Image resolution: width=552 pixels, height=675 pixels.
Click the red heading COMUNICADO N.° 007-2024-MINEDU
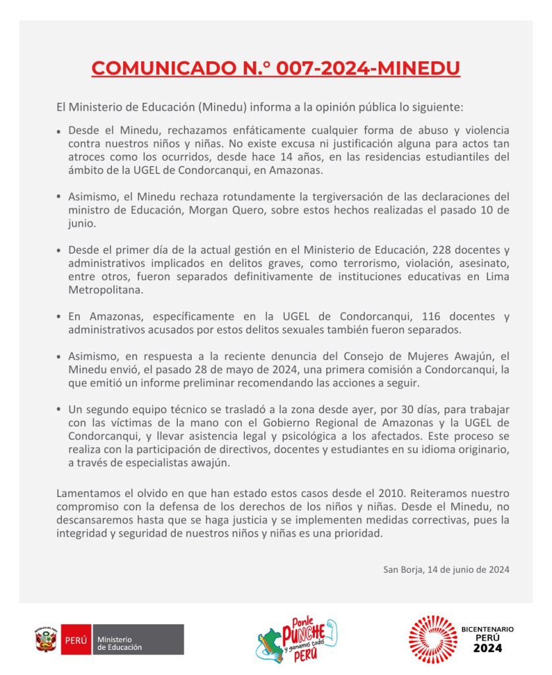click(x=275, y=69)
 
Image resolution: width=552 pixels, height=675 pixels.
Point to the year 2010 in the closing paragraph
click(x=379, y=493)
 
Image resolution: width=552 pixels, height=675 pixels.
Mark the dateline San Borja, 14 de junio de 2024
click(x=446, y=569)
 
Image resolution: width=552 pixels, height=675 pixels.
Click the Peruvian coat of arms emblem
click(x=46, y=639)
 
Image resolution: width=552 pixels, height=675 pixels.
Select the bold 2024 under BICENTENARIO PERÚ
click(x=487, y=649)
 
